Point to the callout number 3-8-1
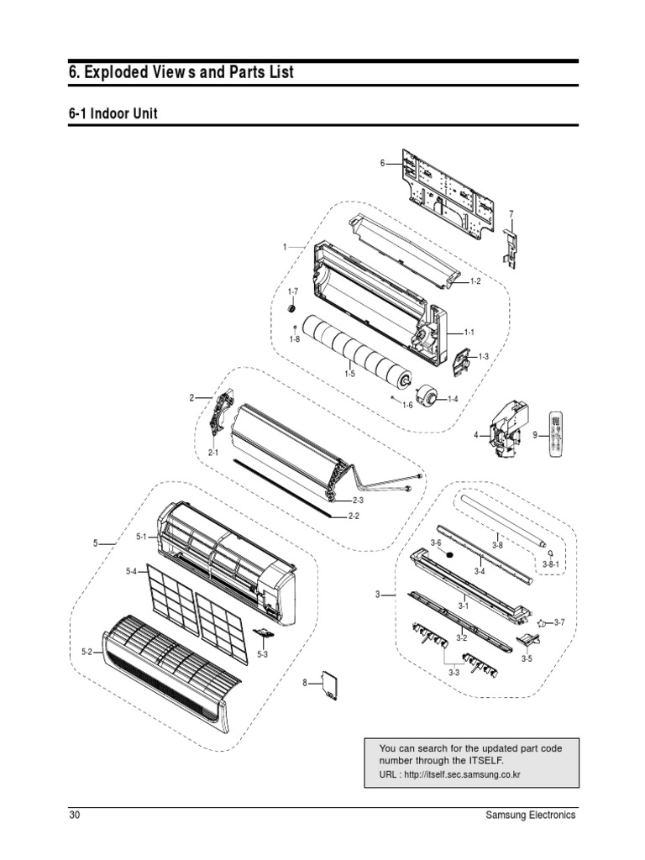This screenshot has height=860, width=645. (x=551, y=565)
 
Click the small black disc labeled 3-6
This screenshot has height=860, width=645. (x=449, y=556)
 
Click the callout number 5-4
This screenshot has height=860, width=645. (x=132, y=572)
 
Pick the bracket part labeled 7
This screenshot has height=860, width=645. (x=510, y=247)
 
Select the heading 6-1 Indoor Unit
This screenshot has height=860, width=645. (x=113, y=114)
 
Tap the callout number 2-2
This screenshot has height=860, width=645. (x=354, y=516)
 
